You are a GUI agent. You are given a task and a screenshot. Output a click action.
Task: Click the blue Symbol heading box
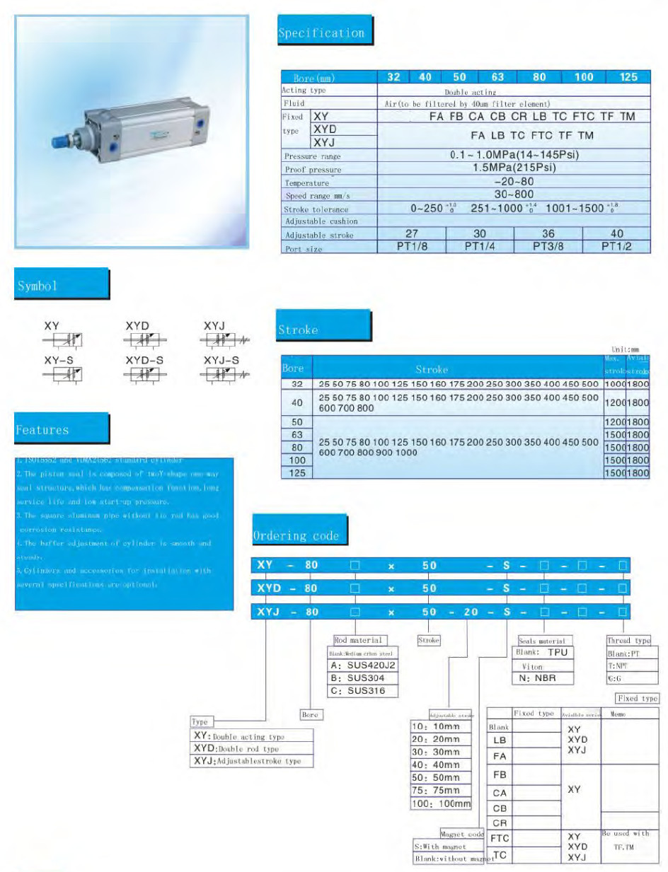tap(62, 286)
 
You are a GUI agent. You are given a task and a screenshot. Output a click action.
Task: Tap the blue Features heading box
tap(62, 429)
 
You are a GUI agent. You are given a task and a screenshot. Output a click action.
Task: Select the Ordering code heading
tap(299, 535)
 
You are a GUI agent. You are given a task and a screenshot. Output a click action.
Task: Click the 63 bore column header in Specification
tap(497, 77)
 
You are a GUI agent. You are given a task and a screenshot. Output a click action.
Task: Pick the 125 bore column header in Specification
tap(628, 77)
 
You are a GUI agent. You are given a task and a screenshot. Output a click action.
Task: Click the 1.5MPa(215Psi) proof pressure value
tap(514, 168)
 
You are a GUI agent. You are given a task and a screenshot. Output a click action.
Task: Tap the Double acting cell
tap(471, 91)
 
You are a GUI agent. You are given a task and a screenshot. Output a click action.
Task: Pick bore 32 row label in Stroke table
tap(297, 383)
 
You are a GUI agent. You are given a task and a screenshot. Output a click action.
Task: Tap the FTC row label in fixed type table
tap(500, 838)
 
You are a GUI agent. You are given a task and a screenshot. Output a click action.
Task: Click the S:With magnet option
tap(440, 846)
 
